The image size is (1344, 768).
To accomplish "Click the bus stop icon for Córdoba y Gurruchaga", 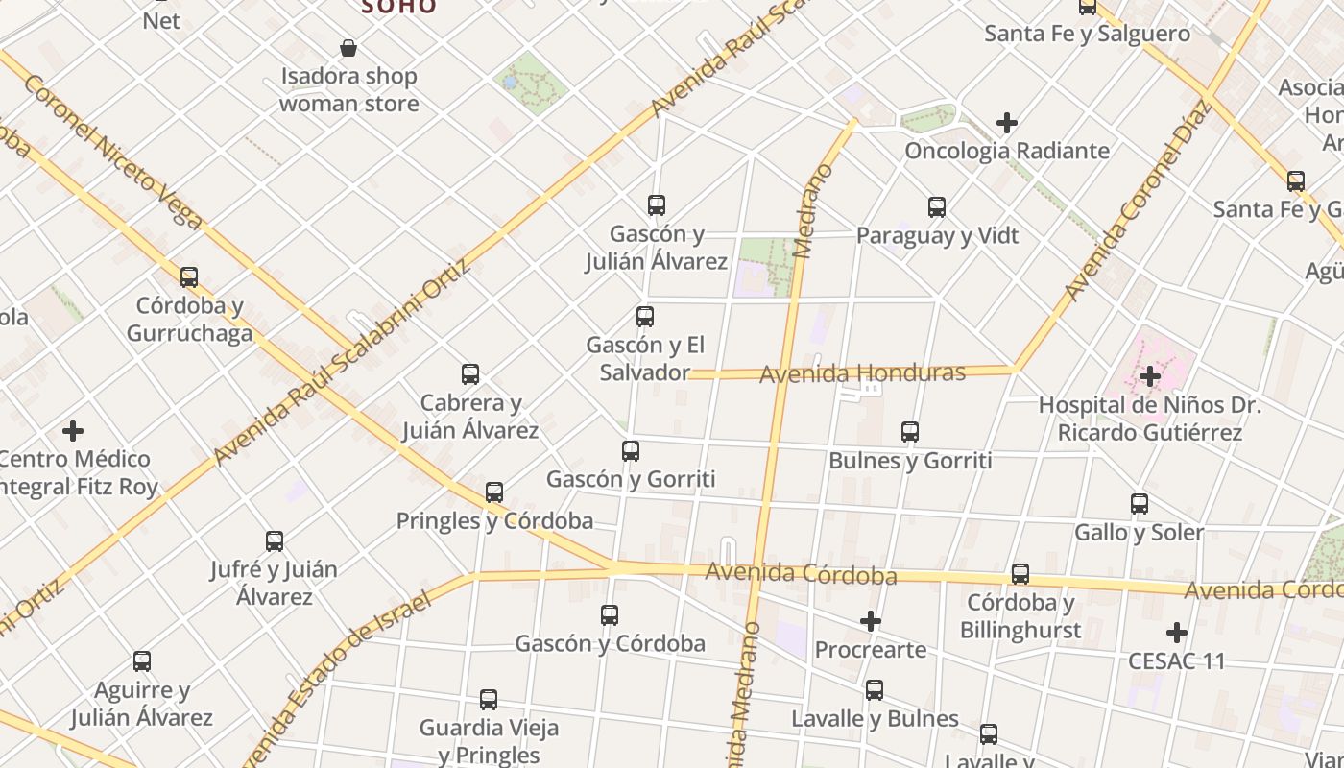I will tap(189, 277).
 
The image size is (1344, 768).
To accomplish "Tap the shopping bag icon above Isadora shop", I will tap(348, 48).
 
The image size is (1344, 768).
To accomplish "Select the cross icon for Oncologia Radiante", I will tap(1007, 123).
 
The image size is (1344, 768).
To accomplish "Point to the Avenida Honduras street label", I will tap(862, 372).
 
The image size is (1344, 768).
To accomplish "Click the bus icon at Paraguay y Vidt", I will tap(937, 206).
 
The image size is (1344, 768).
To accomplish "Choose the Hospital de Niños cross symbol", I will tap(1150, 376).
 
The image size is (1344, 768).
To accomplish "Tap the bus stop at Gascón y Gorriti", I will tap(631, 450).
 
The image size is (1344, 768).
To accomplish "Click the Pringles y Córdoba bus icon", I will tap(494, 492).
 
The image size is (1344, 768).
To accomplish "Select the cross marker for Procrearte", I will tap(871, 621).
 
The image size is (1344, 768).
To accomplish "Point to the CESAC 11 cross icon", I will tap(1177, 633).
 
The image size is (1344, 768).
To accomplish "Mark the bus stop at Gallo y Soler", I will tap(1140, 503).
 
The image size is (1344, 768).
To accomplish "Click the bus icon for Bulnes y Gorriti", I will tap(910, 432).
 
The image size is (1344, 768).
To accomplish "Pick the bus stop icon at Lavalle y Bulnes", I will tap(875, 689).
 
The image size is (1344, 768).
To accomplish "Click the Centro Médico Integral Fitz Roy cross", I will tap(73, 430).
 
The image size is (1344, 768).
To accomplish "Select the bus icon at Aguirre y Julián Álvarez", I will tap(142, 660).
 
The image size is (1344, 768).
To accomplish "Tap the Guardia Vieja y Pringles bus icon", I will tap(489, 699).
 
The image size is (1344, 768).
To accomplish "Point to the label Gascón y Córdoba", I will tap(611, 643).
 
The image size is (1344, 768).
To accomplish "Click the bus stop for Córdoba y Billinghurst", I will tap(1020, 574).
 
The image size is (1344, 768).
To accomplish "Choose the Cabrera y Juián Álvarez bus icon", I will tap(470, 374).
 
